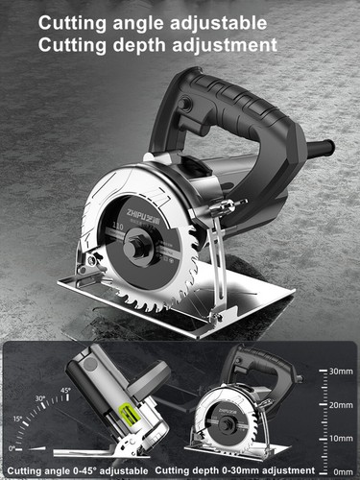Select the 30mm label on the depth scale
click(x=341, y=370)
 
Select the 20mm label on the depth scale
click(x=341, y=404)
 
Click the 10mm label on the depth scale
click(x=341, y=438)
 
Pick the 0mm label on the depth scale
click(x=341, y=471)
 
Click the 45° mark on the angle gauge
click(x=65, y=391)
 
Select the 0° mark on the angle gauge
click(x=11, y=448)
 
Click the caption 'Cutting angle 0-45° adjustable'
click(x=77, y=470)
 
